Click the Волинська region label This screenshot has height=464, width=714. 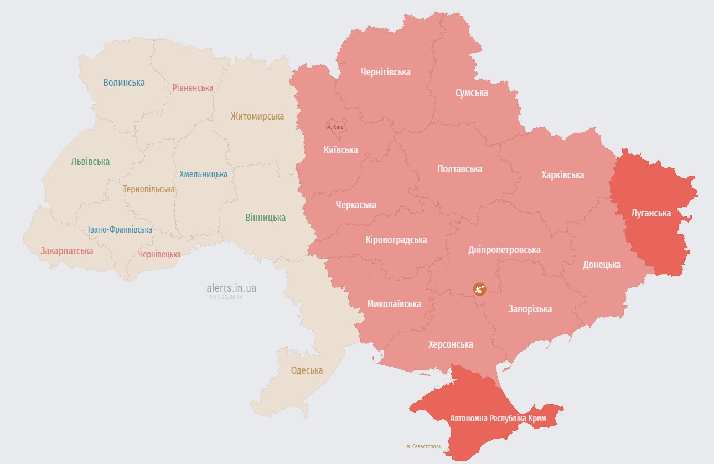point(124,83)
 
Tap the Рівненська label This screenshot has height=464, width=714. point(193,88)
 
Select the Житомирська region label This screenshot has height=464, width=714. point(257,116)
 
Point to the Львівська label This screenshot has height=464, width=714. point(90,162)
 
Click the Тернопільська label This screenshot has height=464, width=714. point(149,189)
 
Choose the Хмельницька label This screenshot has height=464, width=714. point(203,174)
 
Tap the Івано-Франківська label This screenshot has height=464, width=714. point(120,229)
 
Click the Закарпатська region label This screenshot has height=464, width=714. point(66,251)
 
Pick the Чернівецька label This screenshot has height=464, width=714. point(159,254)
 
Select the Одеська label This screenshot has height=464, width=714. point(307,370)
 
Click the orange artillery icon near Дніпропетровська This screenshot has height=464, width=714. point(479,288)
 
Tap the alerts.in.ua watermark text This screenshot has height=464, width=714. point(231,288)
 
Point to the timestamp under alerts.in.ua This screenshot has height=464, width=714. point(224,297)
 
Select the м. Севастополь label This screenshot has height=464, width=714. point(423,446)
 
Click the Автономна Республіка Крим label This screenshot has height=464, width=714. point(498,418)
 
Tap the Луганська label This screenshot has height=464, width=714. point(651,213)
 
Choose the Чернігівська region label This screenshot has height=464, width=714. point(385,72)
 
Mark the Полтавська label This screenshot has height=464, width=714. point(459,169)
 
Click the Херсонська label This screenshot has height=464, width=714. point(451,344)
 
